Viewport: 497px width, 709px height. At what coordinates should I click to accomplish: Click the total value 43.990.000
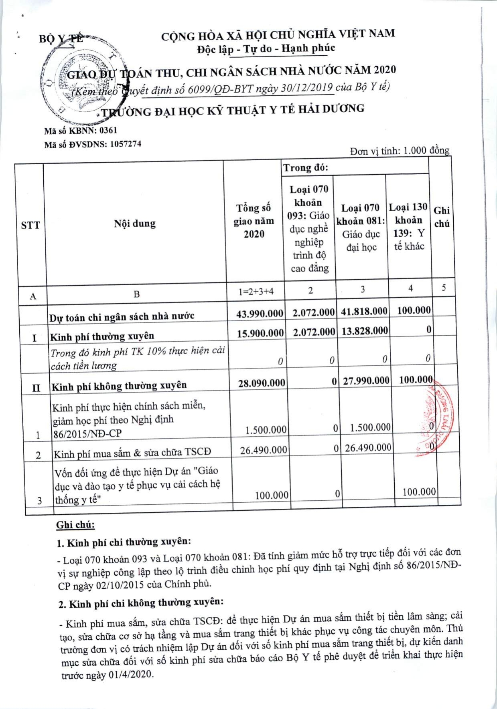coord(260,313)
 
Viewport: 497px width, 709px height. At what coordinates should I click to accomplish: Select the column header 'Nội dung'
coord(135,224)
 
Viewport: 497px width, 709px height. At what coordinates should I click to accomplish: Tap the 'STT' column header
coord(30,225)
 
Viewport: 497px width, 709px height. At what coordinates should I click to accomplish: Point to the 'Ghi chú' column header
coord(442,217)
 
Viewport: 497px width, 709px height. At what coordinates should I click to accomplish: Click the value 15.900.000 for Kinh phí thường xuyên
coord(260,332)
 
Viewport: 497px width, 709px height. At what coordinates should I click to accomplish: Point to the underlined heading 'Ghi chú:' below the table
coord(75,525)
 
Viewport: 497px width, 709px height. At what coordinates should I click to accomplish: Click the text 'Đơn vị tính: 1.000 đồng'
coord(399,151)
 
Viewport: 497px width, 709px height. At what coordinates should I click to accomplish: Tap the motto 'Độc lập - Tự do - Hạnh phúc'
coord(266,48)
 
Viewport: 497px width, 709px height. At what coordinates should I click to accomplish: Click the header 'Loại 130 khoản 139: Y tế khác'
coord(408,226)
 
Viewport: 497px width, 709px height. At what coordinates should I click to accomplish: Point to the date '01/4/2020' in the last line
coord(130,675)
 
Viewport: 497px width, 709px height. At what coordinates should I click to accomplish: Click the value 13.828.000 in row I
coord(365,330)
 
